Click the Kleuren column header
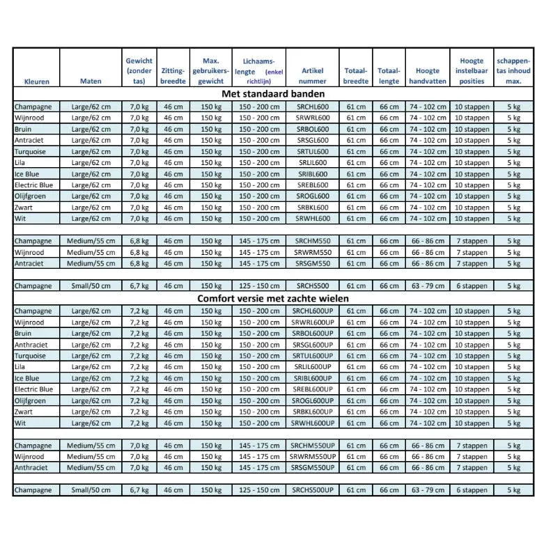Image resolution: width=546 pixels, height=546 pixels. (36, 81)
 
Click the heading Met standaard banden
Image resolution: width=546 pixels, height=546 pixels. (273, 94)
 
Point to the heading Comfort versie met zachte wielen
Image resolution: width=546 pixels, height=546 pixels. (273, 299)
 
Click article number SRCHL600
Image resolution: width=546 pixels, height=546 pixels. (312, 107)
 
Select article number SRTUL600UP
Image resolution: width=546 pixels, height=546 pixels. (312, 356)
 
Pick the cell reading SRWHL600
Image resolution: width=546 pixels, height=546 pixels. (312, 219)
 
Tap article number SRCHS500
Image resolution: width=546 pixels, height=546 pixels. (312, 286)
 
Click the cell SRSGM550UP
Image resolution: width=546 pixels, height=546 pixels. (312, 468)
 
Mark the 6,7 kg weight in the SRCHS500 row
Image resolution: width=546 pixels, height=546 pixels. (139, 286)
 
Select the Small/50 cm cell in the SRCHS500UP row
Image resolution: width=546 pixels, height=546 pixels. (91, 490)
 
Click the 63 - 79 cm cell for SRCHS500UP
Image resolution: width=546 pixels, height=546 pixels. (427, 490)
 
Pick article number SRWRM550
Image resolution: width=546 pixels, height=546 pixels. (312, 252)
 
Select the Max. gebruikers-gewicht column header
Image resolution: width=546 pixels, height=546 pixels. (210, 71)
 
